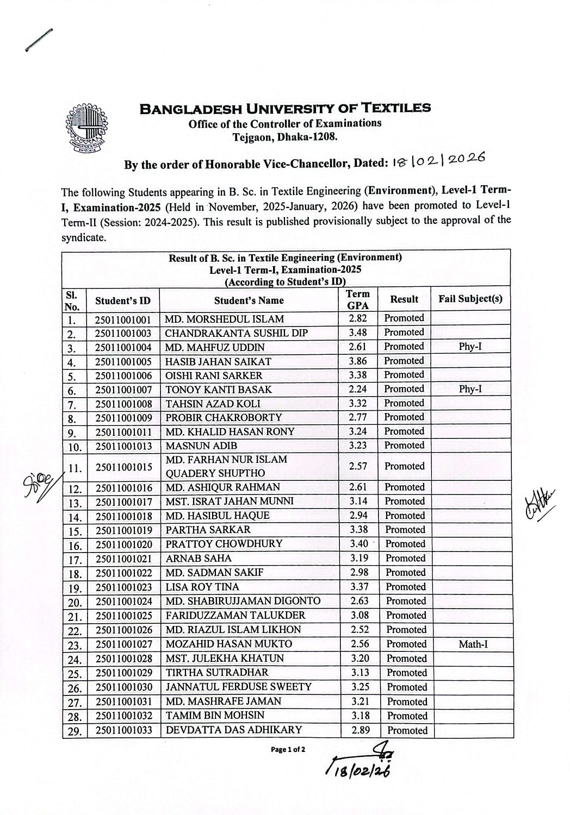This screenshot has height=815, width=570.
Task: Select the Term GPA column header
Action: pyautogui.click(x=357, y=299)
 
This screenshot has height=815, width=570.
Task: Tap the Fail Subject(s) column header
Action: pyautogui.click(x=470, y=299)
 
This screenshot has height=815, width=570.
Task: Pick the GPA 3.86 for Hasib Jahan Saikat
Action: pyautogui.click(x=357, y=361)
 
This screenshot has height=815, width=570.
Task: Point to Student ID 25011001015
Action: pyautogui.click(x=124, y=467)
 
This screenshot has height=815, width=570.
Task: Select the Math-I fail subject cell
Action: pyautogui.click(x=473, y=644)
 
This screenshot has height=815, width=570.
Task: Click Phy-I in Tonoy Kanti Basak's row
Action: pyautogui.click(x=470, y=389)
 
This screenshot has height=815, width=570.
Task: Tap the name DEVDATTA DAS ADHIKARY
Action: pyautogui.click(x=233, y=730)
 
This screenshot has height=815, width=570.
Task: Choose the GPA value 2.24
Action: pyautogui.click(x=357, y=389)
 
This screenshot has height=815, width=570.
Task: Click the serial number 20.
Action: pyautogui.click(x=74, y=602)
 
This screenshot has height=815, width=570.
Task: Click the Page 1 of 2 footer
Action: pyautogui.click(x=288, y=750)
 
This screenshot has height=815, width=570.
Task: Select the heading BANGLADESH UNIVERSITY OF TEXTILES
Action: pyautogui.click(x=285, y=108)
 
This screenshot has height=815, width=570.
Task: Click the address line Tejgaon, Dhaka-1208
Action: pyautogui.click(x=285, y=137)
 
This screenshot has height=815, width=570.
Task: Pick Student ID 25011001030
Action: pyautogui.click(x=124, y=687)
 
